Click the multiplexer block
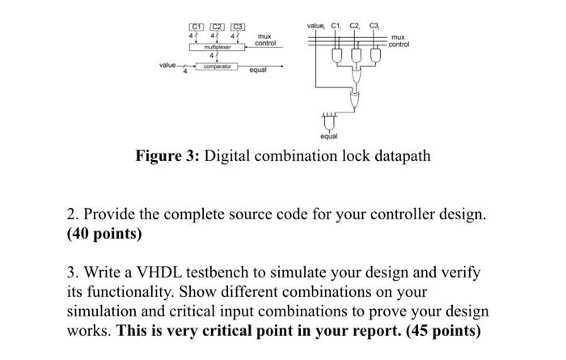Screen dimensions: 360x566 click(x=218, y=48)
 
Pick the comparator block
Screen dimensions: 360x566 click(x=218, y=66)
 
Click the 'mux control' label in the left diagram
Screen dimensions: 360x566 click(x=265, y=40)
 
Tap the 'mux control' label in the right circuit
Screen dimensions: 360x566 click(x=399, y=40)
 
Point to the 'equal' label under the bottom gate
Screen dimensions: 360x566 click(x=329, y=137)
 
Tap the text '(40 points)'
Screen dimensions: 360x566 click(x=104, y=235)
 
